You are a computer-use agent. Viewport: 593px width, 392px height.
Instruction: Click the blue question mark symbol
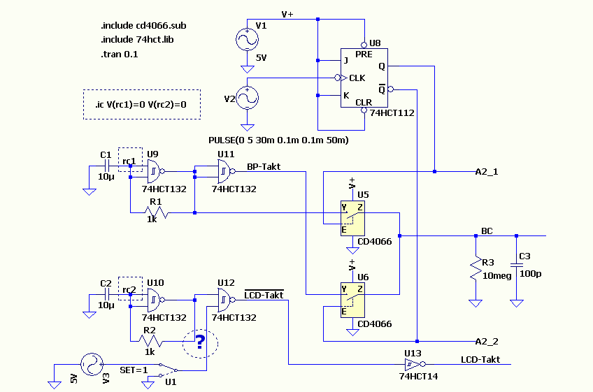click(200, 342)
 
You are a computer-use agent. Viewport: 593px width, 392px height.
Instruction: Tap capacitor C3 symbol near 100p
click(517, 265)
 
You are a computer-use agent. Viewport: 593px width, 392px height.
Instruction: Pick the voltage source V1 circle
click(247, 39)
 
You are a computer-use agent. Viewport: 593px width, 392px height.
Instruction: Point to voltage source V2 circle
click(247, 98)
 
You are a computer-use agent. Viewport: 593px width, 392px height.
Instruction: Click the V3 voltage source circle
click(92, 365)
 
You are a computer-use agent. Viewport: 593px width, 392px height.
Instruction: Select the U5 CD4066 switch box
click(352, 219)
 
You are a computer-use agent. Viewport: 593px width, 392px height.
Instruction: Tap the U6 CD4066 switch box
click(352, 300)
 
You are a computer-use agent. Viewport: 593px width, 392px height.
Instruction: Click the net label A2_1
click(486, 172)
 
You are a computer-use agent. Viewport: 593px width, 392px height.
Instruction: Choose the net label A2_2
click(486, 342)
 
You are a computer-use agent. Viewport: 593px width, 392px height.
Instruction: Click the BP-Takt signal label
click(264, 167)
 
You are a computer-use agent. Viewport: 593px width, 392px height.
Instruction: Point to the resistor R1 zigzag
click(157, 213)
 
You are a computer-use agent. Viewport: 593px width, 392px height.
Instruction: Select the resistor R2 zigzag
click(150, 342)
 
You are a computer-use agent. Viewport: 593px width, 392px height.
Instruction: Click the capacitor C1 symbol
click(107, 166)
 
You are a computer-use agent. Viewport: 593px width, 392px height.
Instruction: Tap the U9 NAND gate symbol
click(156, 171)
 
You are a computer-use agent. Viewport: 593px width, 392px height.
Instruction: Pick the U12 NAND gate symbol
click(226, 300)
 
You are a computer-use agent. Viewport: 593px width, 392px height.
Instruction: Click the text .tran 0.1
click(120, 55)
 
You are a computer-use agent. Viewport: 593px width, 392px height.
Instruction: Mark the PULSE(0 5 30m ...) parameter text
click(278, 140)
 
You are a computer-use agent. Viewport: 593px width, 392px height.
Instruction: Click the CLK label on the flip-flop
click(357, 78)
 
